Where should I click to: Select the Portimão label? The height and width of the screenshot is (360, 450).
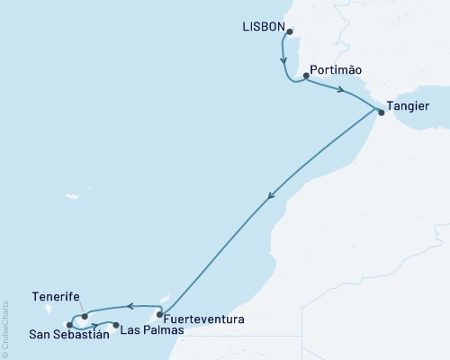pyautogui.click(x=335, y=67)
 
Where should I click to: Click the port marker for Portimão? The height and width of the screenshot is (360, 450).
pyautogui.click(x=307, y=76)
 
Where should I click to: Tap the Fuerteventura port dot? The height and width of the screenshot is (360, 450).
pyautogui.click(x=159, y=315)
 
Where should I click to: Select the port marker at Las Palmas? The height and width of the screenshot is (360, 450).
pyautogui.click(x=115, y=325)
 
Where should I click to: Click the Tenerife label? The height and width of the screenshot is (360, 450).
pyautogui.click(x=56, y=296)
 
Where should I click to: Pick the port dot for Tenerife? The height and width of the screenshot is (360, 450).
pyautogui.click(x=85, y=316)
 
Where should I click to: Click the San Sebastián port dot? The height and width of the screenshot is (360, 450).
pyautogui.click(x=70, y=325)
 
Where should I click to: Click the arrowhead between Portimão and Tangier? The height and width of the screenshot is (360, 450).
pyautogui.click(x=342, y=90)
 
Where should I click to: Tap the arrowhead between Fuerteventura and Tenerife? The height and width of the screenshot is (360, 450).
pyautogui.click(x=130, y=306)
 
